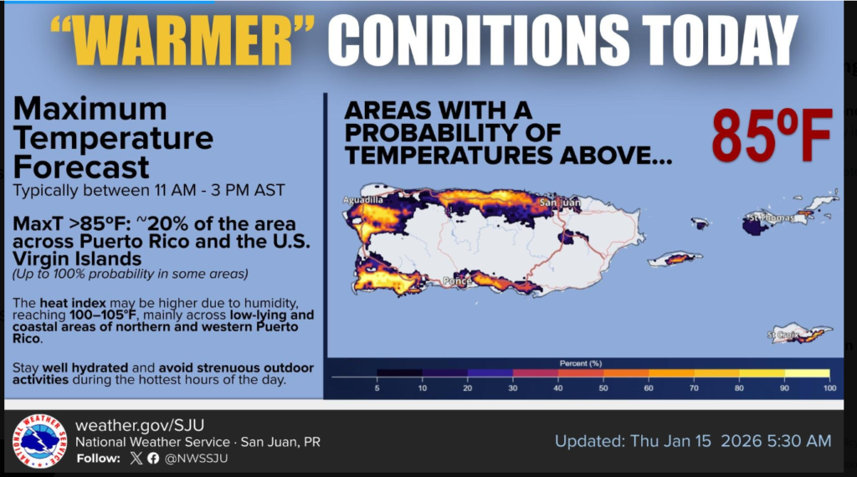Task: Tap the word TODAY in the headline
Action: click(x=719, y=40)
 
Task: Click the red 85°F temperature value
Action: click(x=772, y=136)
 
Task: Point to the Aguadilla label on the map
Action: click(x=363, y=200)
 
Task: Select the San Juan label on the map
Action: click(x=560, y=203)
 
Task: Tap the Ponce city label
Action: click(x=457, y=281)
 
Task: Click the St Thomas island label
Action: click(x=771, y=218)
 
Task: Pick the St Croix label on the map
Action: click(x=783, y=335)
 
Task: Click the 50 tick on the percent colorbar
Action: click(x=603, y=388)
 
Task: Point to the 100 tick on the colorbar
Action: click(x=829, y=388)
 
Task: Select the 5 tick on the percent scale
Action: click(x=377, y=388)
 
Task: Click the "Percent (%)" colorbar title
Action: click(x=581, y=363)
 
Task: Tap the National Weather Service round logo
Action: click(x=38, y=441)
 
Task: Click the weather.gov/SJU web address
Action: click(x=140, y=425)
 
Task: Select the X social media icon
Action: click(x=136, y=458)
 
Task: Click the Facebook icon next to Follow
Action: click(x=153, y=458)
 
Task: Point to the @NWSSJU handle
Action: click(x=196, y=459)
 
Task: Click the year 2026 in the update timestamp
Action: click(x=742, y=441)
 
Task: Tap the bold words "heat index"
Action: click(x=73, y=303)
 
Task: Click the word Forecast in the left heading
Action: click(x=81, y=167)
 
